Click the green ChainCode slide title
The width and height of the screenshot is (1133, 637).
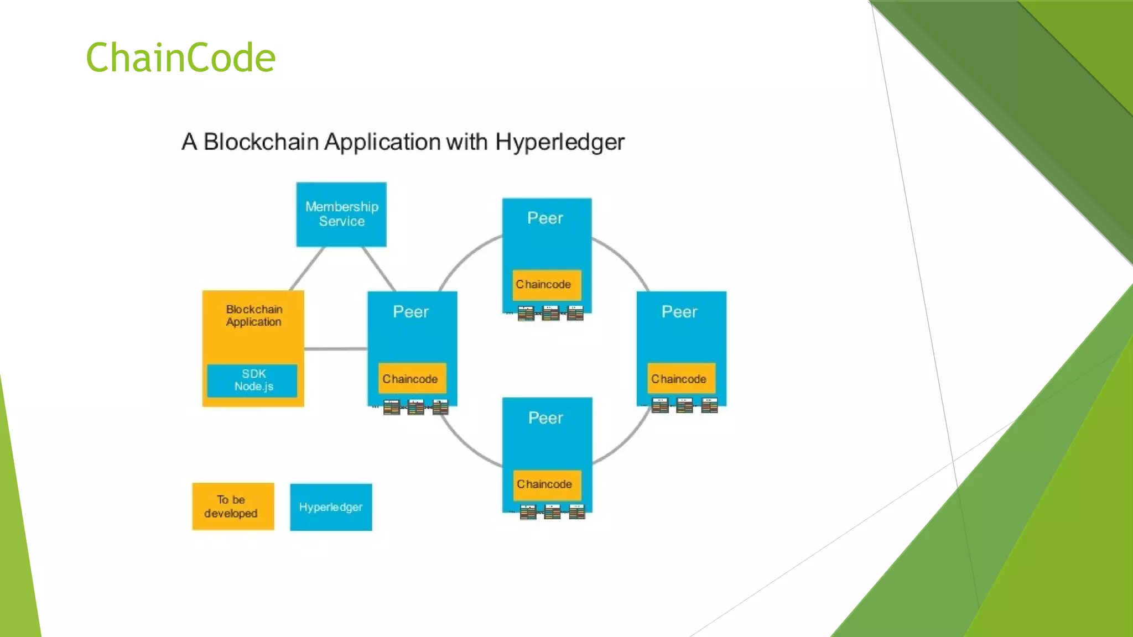coord(180,58)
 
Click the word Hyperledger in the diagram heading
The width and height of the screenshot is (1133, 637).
coord(559,142)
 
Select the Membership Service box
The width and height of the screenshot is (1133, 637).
coord(341,215)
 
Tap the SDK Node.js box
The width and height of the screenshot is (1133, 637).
coord(253,380)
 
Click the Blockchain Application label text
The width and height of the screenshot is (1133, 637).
coord(254,316)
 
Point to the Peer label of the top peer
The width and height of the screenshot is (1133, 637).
coord(545,218)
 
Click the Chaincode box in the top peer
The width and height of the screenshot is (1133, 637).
coord(546,285)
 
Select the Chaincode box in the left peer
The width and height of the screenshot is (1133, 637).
coord(412,379)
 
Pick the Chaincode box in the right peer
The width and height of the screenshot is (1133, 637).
coord(680,379)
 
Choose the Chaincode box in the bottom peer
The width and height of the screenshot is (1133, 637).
coord(547,484)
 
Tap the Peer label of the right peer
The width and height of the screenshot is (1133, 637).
coord(679,312)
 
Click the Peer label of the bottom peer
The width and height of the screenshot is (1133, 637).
coord(545,418)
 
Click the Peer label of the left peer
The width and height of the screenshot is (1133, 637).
coord(410,312)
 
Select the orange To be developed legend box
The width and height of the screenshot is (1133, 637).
coord(233,507)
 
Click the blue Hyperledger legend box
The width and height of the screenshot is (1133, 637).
coord(331,507)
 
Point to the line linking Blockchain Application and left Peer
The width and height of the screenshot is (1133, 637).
coord(335,349)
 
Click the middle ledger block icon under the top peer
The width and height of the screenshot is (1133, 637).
coord(550,314)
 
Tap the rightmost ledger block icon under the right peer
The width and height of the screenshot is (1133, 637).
coord(709,405)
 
